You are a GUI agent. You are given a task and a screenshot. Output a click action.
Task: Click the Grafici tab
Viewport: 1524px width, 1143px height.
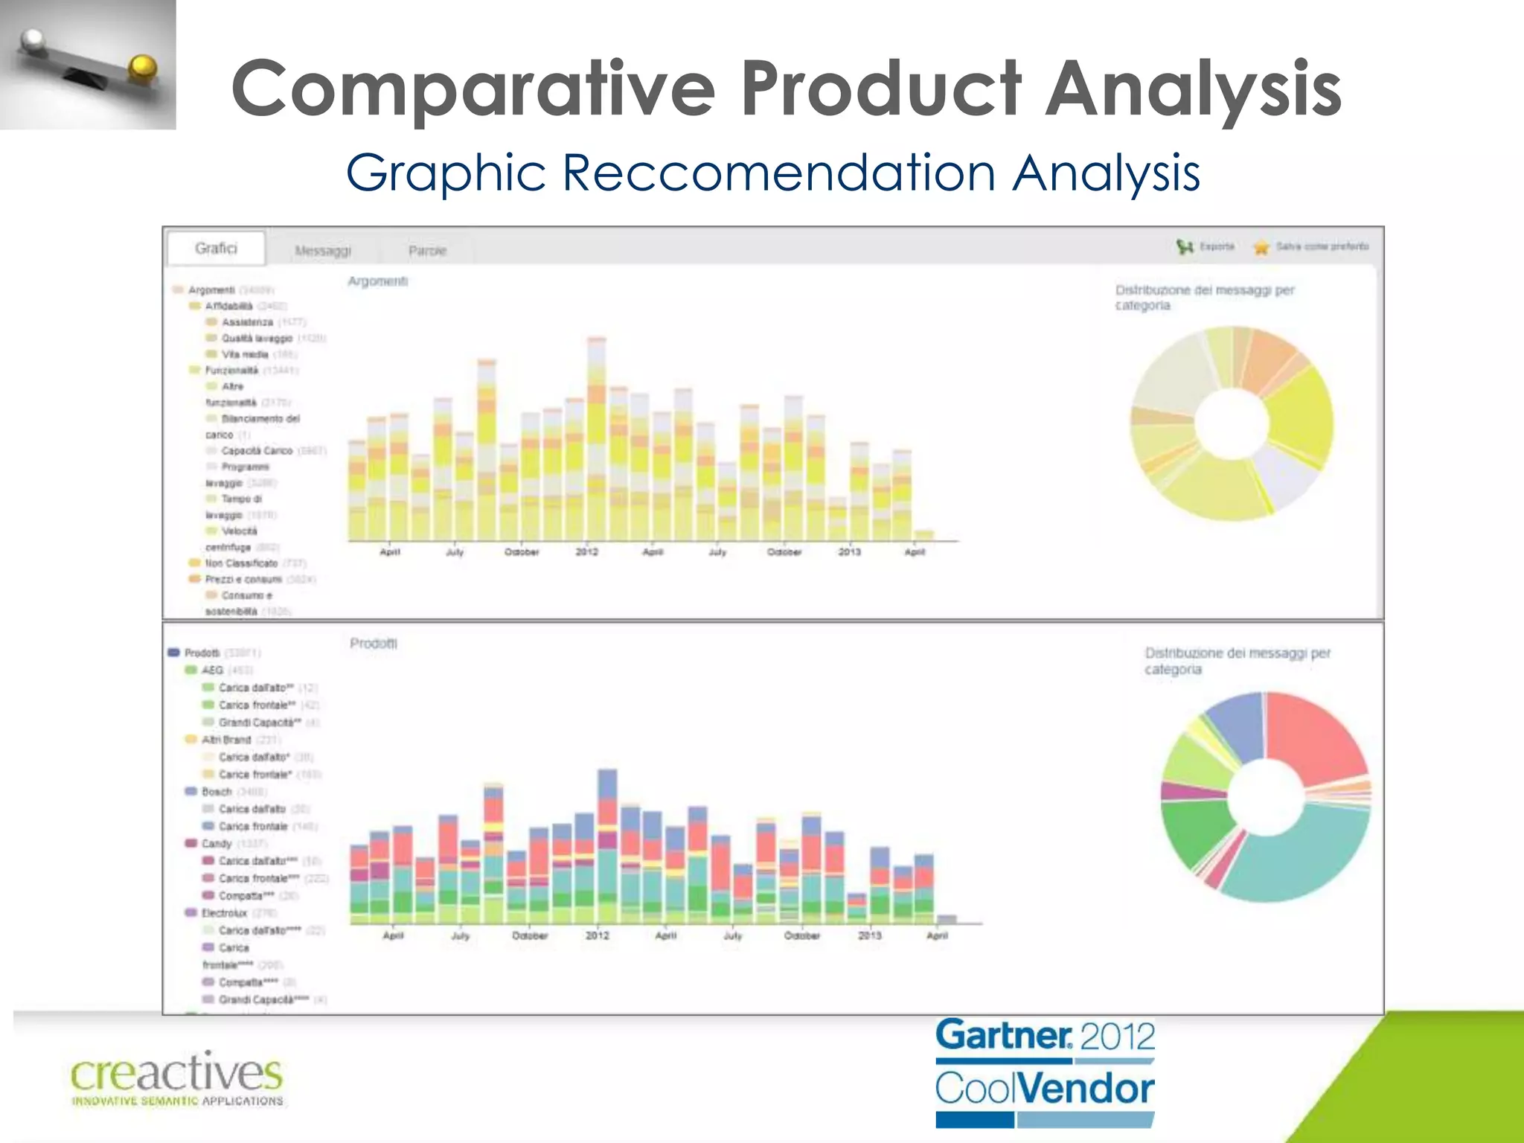(x=216, y=249)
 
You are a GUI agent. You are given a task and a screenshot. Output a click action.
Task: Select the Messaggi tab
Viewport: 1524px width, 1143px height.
(x=322, y=251)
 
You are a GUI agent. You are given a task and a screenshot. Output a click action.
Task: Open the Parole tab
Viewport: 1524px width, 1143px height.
(x=427, y=251)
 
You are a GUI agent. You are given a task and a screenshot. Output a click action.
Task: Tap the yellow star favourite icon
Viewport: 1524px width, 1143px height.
(x=1261, y=247)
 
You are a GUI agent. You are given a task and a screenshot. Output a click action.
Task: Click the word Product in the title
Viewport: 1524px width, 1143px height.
(x=883, y=89)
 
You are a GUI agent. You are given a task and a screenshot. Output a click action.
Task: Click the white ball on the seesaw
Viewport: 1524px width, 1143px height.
(x=33, y=42)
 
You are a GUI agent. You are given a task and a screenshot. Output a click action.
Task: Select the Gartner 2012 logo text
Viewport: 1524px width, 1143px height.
(x=1045, y=1036)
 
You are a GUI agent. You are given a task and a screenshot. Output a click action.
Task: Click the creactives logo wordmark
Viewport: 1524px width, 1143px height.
(x=176, y=1074)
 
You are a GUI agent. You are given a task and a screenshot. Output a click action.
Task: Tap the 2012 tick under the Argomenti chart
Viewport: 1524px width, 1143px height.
(x=586, y=552)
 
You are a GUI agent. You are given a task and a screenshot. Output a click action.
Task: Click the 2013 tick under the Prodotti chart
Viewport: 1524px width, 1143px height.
(x=869, y=935)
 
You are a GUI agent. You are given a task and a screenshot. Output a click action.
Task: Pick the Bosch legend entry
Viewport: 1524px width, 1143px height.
(x=217, y=792)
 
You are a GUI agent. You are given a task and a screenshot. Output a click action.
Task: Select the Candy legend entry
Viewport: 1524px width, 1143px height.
(x=217, y=844)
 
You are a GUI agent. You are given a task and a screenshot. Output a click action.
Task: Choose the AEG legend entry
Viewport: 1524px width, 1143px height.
(x=212, y=670)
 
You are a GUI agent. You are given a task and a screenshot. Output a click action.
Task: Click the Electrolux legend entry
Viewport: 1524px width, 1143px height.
(x=224, y=913)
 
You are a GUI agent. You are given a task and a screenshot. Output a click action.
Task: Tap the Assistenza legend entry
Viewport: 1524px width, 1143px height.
(x=247, y=322)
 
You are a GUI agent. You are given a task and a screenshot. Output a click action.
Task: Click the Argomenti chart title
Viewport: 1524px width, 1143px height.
(x=377, y=281)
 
